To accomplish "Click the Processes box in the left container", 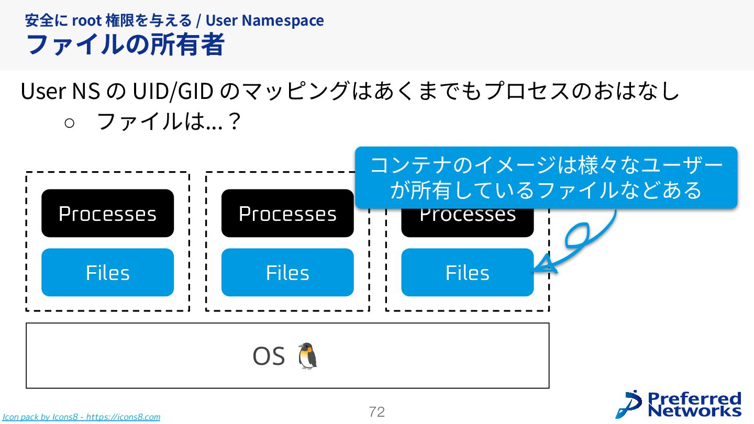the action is point(107,213).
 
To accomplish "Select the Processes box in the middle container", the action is point(287,213).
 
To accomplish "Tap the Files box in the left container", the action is point(107,272).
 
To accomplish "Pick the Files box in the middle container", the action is point(287,272).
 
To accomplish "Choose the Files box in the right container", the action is point(467,272).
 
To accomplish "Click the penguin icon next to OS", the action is point(307,356).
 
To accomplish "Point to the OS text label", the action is point(268,356).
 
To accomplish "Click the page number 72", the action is point(376,412).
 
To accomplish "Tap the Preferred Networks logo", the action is point(679,405).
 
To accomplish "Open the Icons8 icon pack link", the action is point(81,417).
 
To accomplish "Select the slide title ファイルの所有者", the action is point(125,44).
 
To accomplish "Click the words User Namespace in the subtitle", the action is point(264,20).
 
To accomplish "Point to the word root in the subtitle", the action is point(86,20).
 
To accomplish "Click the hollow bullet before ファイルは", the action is point(70,122).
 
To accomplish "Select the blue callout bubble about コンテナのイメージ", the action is point(546,177).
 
